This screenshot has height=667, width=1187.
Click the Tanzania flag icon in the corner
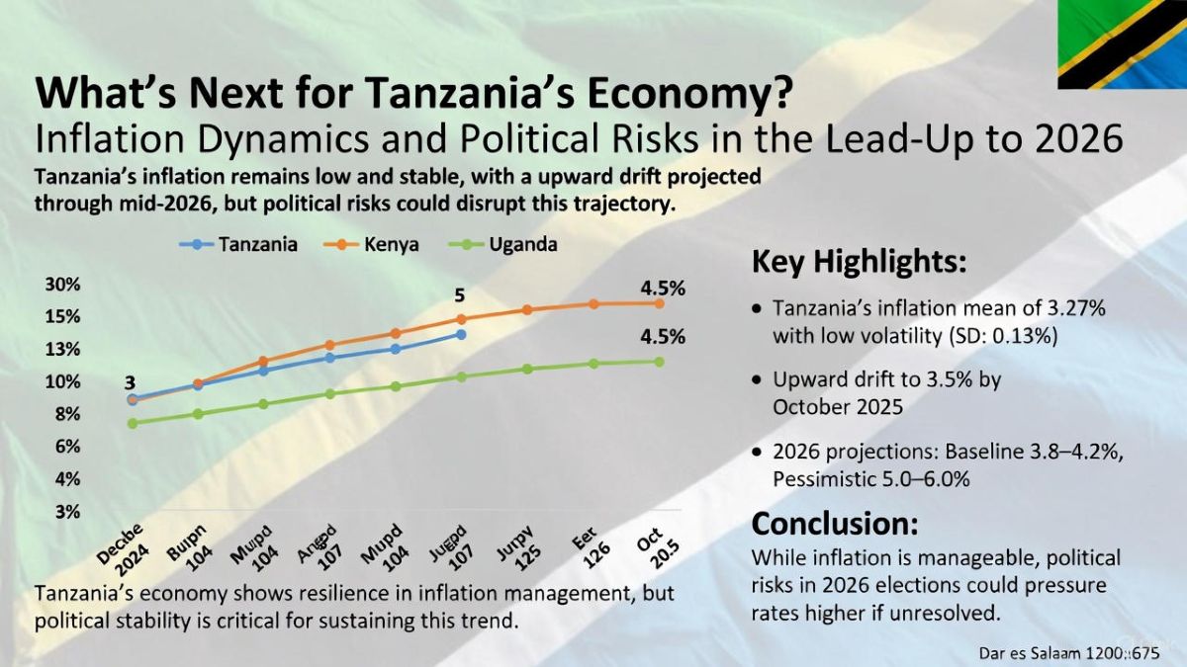(x=1122, y=44)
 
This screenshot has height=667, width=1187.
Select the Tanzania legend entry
(x=238, y=244)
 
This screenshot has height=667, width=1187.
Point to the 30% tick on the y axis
(x=62, y=285)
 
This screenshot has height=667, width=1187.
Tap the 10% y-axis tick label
(x=62, y=381)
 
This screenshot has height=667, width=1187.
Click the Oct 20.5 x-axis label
(x=653, y=542)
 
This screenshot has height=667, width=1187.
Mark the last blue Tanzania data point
(x=461, y=335)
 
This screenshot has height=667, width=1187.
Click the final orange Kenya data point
(x=659, y=302)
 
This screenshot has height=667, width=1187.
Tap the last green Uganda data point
(x=659, y=361)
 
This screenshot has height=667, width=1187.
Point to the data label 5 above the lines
(x=459, y=295)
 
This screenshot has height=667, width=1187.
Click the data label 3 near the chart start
(x=130, y=381)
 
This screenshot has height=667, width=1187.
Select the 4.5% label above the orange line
(x=662, y=289)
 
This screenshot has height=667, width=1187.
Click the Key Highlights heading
(x=859, y=263)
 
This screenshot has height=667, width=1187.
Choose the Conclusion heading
(x=835, y=522)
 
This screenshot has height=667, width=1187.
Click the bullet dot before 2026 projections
(x=757, y=453)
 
